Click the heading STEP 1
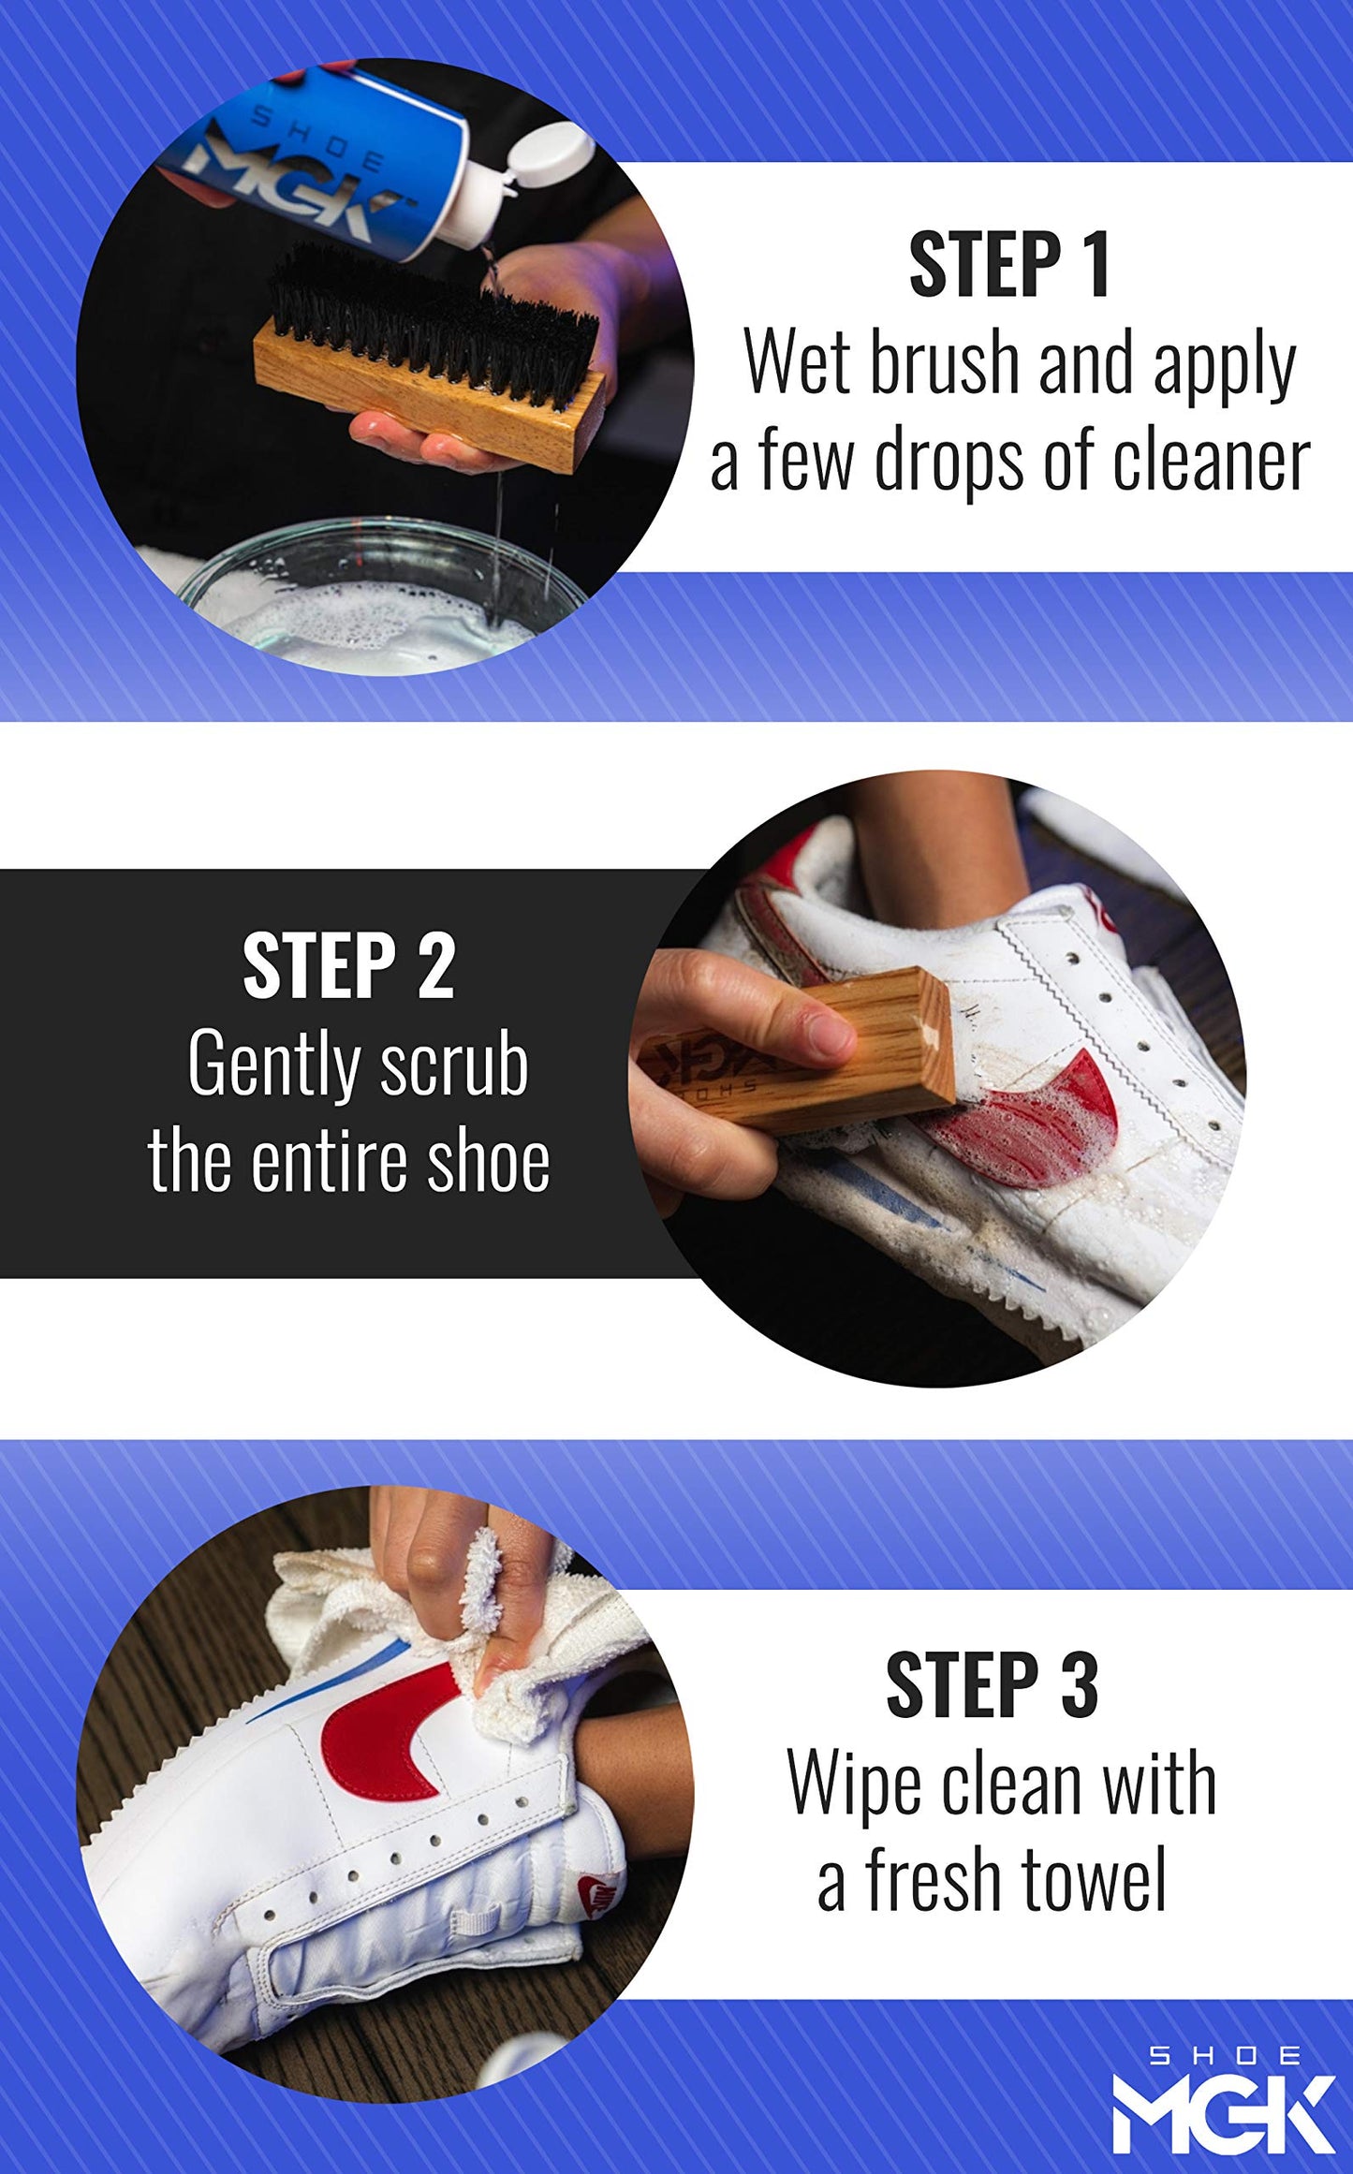click(x=1009, y=266)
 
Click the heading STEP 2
click(x=348, y=966)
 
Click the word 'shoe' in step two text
click(x=487, y=1163)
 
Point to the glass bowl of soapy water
click(x=375, y=599)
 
